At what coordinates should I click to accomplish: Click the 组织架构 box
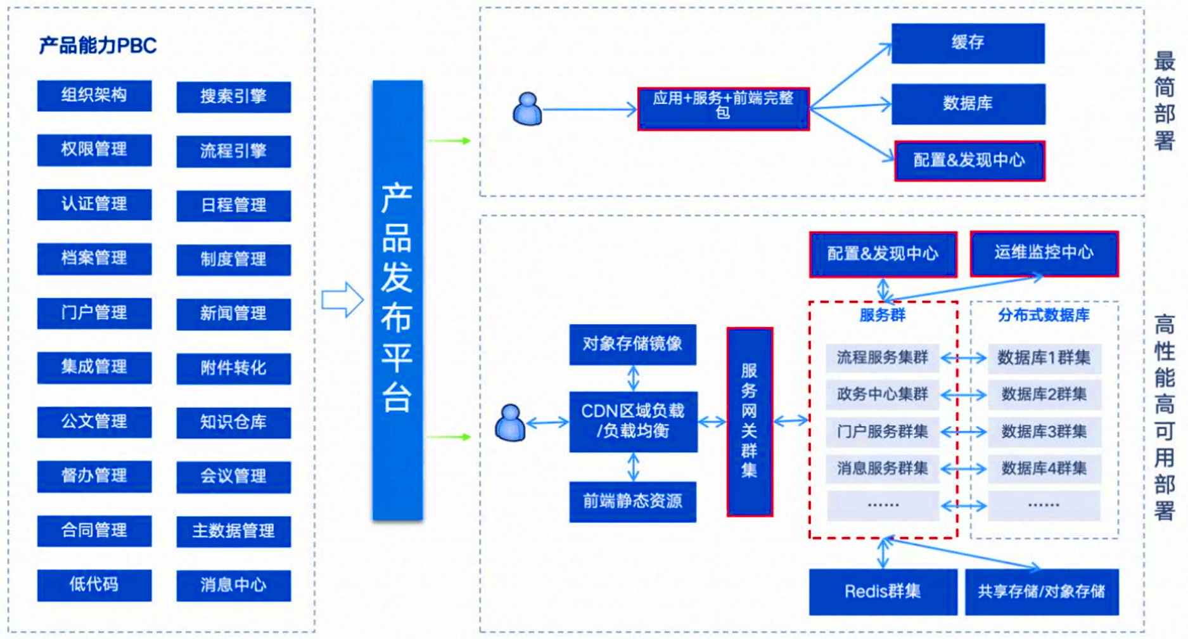point(94,96)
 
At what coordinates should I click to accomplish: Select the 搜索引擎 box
point(234,97)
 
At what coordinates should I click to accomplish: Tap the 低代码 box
point(94,585)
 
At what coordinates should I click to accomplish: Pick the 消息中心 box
point(234,585)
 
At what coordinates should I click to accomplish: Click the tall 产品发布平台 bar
point(397,300)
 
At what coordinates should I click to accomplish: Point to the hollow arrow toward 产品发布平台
point(342,299)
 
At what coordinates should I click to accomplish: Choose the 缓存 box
point(968,43)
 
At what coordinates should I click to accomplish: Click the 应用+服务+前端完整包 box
point(724,109)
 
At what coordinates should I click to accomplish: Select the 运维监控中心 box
point(1044,254)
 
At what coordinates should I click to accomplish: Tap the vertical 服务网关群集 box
point(750,422)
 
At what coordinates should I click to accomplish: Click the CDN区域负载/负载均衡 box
point(633,422)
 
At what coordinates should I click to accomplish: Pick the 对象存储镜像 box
point(632,344)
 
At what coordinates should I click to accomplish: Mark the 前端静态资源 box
point(632,501)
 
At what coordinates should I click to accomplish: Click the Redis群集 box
point(883,591)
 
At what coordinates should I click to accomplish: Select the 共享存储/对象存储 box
point(1042,591)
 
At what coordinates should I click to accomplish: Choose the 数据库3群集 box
point(1044,432)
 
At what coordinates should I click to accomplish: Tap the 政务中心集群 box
point(883,395)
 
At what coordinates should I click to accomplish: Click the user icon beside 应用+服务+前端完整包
point(527,109)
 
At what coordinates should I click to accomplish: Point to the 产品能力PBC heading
point(98,46)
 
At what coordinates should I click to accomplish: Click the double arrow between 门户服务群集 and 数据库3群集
point(964,432)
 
